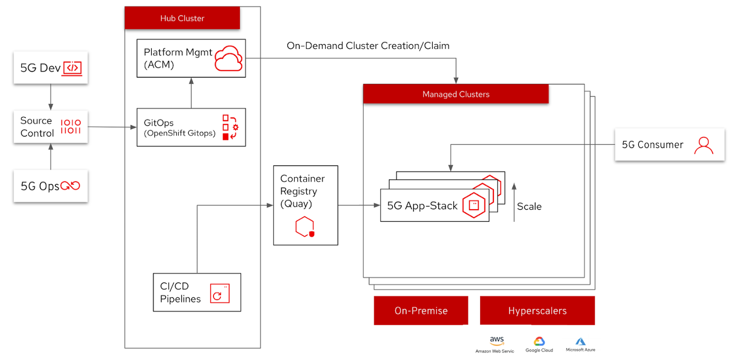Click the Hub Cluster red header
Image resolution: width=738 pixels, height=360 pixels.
(182, 18)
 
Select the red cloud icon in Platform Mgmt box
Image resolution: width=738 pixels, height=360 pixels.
(228, 58)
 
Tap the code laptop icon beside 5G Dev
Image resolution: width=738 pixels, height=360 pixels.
(73, 68)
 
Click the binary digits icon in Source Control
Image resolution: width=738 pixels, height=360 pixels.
(71, 127)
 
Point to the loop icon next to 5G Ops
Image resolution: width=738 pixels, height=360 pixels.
(70, 186)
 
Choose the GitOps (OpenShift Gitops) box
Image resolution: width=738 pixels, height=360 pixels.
(191, 128)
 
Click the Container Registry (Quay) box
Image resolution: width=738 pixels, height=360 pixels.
(305, 205)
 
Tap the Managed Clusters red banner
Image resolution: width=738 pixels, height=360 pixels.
(455, 94)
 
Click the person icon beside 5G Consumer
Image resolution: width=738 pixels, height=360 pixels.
(703, 145)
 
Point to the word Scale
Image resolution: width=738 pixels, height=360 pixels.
(529, 207)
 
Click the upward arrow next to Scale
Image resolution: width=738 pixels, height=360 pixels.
(514, 202)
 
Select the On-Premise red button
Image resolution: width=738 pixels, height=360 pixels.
(421, 310)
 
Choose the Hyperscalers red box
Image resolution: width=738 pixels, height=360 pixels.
(537, 310)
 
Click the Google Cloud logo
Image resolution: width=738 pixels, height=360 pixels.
(539, 342)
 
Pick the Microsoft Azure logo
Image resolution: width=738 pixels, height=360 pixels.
(580, 342)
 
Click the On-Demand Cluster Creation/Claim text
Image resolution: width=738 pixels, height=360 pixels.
(368, 46)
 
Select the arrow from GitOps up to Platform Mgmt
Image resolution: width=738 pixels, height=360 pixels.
(191, 93)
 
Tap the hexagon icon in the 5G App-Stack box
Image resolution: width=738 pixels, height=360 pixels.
(473, 206)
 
